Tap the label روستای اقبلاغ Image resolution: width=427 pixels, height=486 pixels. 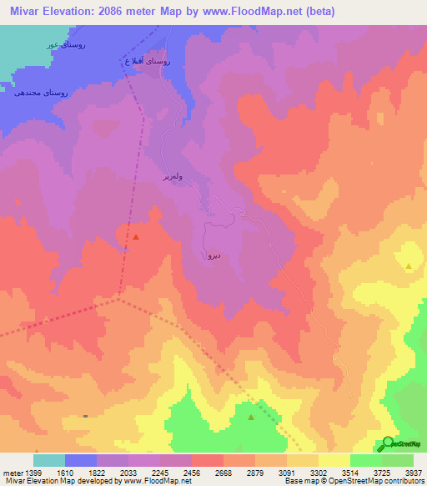click(146, 62)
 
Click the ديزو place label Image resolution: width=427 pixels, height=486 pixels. click(213, 256)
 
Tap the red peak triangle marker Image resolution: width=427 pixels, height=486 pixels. click(136, 237)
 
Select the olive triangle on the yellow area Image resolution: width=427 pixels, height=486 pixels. click(409, 266)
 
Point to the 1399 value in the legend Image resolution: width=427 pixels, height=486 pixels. click(34, 472)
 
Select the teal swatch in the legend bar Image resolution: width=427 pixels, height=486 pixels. click(49, 460)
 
